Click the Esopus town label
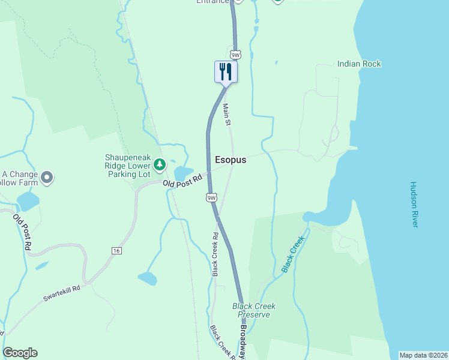(231, 160)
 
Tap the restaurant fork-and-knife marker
(226, 72)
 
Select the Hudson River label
(414, 205)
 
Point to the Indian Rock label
(359, 63)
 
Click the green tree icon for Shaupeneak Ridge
(159, 164)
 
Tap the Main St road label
(227, 114)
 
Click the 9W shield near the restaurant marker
(235, 55)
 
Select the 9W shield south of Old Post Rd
(211, 197)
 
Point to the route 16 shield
(116, 250)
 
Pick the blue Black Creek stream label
(294, 253)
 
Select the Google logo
(20, 353)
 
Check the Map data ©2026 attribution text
(423, 355)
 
